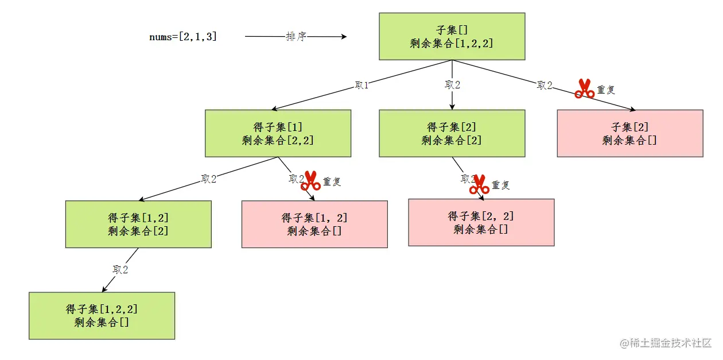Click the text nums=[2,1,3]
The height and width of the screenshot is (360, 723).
point(183,37)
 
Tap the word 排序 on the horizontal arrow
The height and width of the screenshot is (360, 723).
point(296,37)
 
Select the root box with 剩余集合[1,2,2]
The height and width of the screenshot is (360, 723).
point(452,36)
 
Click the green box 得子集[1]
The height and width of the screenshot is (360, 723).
point(278,133)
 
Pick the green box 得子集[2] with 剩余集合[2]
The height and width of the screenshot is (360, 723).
point(452,133)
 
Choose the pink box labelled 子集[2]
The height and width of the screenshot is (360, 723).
point(629,133)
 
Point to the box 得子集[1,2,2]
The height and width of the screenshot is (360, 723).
point(102,315)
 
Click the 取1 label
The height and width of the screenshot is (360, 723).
point(361,86)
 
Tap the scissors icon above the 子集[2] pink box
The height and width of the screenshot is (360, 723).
point(584,88)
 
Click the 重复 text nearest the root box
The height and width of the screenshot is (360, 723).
point(606,90)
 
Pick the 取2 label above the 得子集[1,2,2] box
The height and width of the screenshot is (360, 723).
point(120,270)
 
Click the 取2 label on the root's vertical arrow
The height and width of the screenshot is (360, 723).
point(452,85)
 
